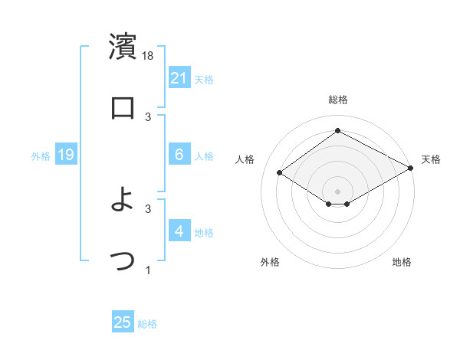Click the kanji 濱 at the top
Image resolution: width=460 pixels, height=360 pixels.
pyautogui.click(x=123, y=47)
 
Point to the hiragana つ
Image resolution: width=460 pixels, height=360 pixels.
pyautogui.click(x=123, y=260)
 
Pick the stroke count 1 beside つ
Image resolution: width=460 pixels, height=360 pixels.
pyautogui.click(x=148, y=270)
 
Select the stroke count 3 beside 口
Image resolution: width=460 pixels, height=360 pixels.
pyautogui.click(x=148, y=116)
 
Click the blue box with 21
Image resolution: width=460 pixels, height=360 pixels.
pyautogui.click(x=179, y=78)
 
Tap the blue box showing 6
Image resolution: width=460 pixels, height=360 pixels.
pyautogui.click(x=179, y=155)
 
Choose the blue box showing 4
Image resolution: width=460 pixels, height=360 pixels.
pyautogui.click(x=179, y=231)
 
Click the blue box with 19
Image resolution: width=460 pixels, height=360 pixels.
pyautogui.click(x=66, y=155)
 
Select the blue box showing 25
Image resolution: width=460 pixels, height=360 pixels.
pyautogui.click(x=123, y=322)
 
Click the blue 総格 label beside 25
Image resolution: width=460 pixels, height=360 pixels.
pyautogui.click(x=147, y=324)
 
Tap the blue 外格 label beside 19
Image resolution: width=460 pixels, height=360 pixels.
pyautogui.click(x=41, y=156)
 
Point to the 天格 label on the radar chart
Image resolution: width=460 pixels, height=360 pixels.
pyautogui.click(x=431, y=159)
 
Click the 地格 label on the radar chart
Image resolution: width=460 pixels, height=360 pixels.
pyautogui.click(x=402, y=262)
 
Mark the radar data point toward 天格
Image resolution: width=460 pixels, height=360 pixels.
pyautogui.click(x=410, y=168)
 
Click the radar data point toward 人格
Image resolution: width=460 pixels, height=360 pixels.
pyautogui.click(x=280, y=173)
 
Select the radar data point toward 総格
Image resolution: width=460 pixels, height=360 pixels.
pyautogui.click(x=337, y=131)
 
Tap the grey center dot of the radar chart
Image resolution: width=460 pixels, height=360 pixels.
pyautogui.click(x=337, y=191)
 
